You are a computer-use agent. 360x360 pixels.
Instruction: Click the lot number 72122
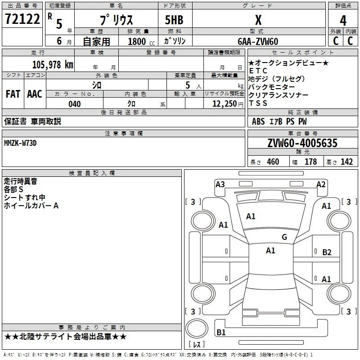click(22, 19)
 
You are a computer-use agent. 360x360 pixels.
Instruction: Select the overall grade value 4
click(343, 20)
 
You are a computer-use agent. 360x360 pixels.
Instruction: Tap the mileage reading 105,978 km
click(53, 64)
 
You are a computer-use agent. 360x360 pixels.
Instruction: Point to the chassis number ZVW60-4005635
click(302, 143)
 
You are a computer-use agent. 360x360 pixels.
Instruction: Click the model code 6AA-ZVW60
click(258, 41)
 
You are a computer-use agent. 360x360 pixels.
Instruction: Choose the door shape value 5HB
click(174, 20)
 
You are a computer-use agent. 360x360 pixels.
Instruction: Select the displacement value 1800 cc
click(141, 41)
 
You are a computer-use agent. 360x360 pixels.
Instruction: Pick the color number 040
click(75, 104)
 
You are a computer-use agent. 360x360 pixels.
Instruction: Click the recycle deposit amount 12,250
click(224, 104)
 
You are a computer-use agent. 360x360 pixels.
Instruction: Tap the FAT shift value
click(13, 94)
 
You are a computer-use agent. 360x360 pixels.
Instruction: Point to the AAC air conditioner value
click(35, 94)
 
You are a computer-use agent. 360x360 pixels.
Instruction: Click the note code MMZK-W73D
click(20, 143)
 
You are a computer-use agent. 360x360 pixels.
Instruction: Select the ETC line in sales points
click(258, 71)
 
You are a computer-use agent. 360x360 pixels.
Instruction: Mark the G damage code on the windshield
click(284, 237)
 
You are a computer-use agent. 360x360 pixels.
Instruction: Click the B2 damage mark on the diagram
click(327, 252)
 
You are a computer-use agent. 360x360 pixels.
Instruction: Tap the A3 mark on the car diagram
click(220, 184)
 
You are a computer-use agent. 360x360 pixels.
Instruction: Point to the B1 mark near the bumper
click(221, 332)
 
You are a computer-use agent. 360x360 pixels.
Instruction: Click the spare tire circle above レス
click(197, 328)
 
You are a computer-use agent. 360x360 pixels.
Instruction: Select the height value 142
click(346, 162)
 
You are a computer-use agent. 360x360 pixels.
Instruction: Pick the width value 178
click(310, 162)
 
